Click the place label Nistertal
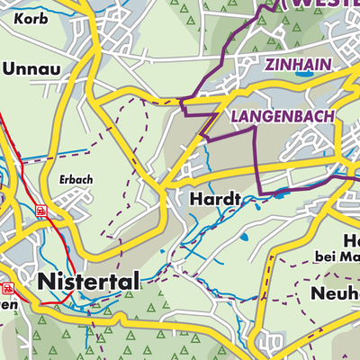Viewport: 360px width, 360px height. coord(89,282)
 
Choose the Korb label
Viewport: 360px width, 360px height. coord(20,17)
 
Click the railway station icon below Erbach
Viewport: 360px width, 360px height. coord(40,210)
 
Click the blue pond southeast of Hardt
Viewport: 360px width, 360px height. coord(243,237)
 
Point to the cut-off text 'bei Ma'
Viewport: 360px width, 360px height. coord(337,259)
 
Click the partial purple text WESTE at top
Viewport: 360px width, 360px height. coord(319,4)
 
